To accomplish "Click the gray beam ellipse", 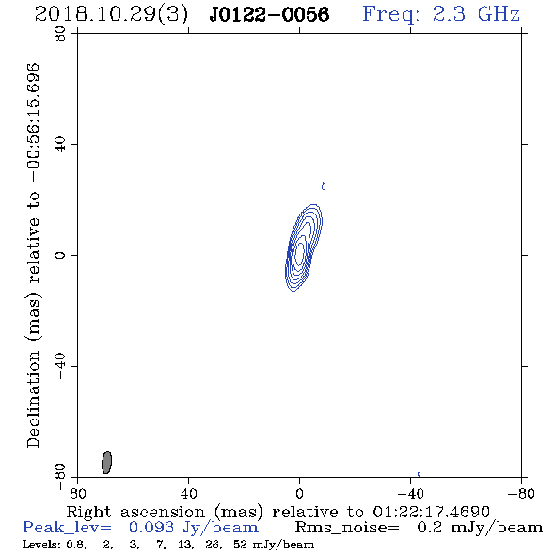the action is click(106, 462).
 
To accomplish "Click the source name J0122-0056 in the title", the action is click(269, 14).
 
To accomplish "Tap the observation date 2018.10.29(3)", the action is click(111, 15).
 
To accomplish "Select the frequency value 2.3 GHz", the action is click(476, 14).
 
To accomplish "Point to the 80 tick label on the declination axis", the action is click(60, 34).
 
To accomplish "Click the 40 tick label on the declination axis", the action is click(60, 145).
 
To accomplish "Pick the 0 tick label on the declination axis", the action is click(60, 255).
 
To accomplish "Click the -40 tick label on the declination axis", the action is click(60, 366).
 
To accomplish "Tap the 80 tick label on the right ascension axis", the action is click(77, 493).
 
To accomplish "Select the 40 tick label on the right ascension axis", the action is click(189, 493).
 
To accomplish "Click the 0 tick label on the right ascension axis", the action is click(299, 493).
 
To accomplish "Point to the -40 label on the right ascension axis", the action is click(410, 493).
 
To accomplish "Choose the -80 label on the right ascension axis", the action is click(521, 493).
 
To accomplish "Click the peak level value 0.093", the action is click(151, 528).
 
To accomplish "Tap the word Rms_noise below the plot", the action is click(347, 528).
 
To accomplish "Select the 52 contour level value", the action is click(240, 545).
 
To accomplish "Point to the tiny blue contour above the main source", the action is click(324, 186).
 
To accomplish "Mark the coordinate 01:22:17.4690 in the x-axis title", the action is click(431, 512).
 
